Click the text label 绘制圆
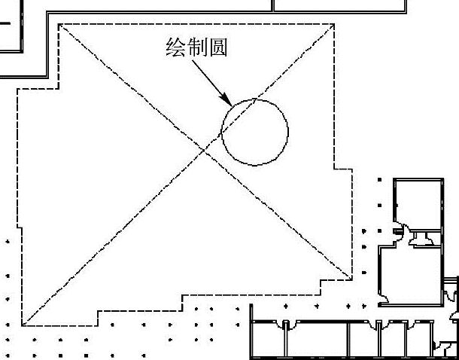[x=196, y=48]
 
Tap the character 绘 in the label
[x=175, y=48]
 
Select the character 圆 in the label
[x=217, y=48]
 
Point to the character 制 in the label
[x=196, y=48]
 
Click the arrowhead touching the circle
[x=226, y=101]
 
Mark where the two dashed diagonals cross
[x=205, y=152]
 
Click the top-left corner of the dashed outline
[x=59, y=25]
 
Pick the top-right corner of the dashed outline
[x=334, y=25]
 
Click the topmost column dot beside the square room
[x=379, y=181]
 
